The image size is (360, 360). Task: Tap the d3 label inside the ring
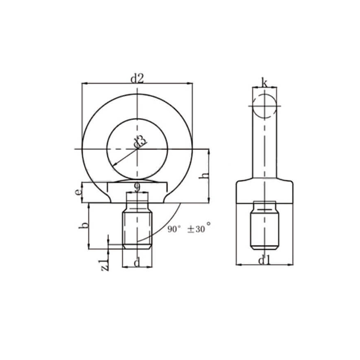[141, 142]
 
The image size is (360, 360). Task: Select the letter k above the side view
[264, 84]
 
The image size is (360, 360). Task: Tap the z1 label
[105, 264]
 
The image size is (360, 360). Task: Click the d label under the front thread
[137, 263]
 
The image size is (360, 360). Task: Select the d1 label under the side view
[264, 260]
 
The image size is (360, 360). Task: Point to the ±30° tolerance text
[199, 229]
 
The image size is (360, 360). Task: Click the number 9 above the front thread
[137, 187]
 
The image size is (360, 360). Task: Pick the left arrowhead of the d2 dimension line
[84, 84]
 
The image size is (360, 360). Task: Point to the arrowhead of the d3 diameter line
[114, 165]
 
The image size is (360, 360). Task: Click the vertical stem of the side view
[265, 151]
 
